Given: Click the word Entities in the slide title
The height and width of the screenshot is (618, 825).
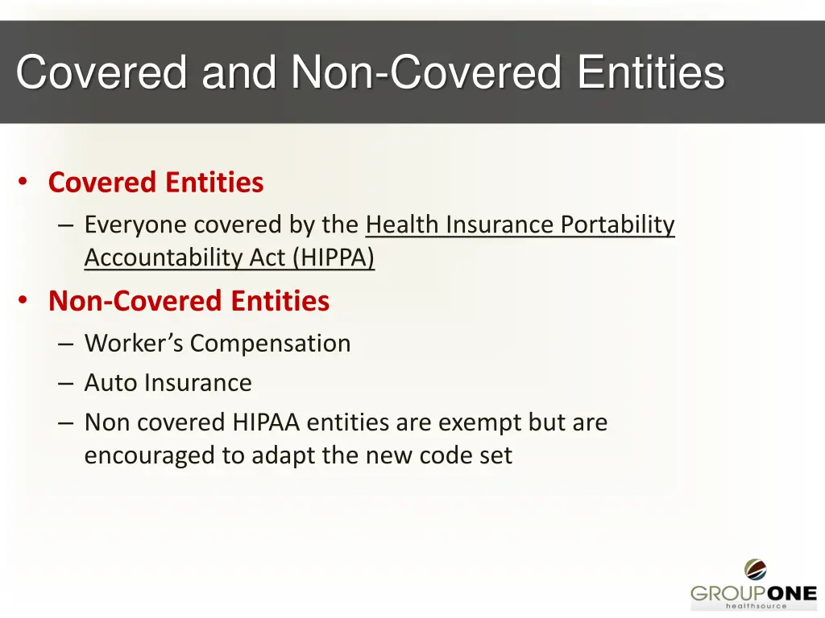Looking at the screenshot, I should (x=651, y=73).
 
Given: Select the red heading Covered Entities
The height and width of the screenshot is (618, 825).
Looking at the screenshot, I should (x=155, y=183).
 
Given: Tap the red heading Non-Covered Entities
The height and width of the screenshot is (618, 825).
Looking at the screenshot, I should (x=189, y=301).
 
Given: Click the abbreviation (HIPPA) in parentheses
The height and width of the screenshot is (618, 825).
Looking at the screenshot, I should (x=334, y=257).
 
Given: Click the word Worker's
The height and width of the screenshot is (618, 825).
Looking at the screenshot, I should (x=134, y=344).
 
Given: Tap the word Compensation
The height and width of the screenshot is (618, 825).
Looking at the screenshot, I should (x=270, y=344).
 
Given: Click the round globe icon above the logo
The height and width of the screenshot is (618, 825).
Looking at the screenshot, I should (x=755, y=570).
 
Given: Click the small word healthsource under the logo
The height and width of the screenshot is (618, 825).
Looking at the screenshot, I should (x=756, y=607).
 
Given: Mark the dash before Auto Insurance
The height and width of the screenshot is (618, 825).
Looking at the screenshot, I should (x=66, y=384).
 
